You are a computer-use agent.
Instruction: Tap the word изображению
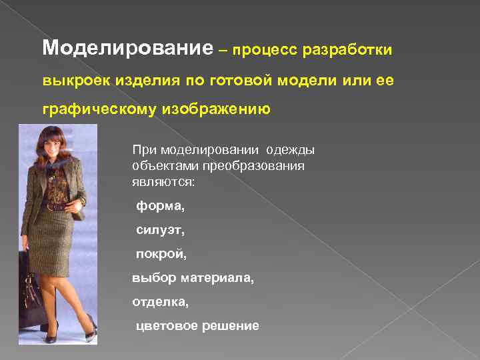click(215, 109)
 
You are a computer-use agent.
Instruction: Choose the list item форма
click(160, 207)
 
